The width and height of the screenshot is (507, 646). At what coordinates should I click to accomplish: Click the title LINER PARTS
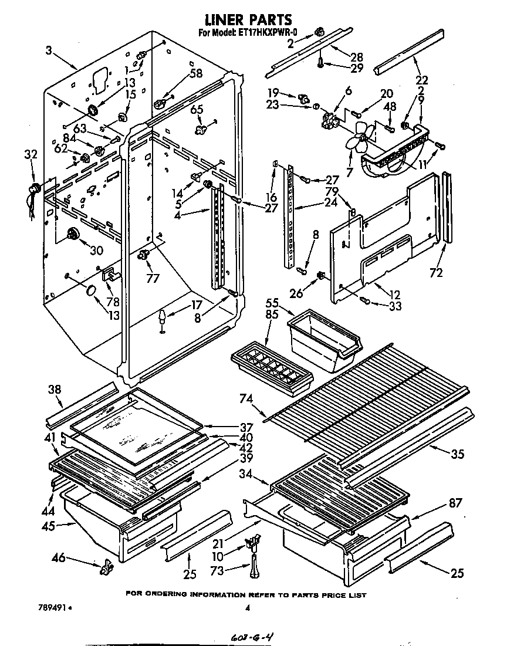(x=246, y=21)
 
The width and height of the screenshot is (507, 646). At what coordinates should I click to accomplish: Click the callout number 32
(x=31, y=155)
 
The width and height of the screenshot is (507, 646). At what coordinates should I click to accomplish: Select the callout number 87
(x=455, y=502)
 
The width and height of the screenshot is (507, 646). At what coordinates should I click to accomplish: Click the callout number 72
(x=435, y=272)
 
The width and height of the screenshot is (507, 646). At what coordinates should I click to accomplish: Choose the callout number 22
(x=421, y=80)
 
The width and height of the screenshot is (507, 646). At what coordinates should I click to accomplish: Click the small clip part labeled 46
(x=106, y=566)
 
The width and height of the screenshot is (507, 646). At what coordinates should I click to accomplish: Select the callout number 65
(x=197, y=109)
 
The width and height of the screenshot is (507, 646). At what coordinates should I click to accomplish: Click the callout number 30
(x=96, y=250)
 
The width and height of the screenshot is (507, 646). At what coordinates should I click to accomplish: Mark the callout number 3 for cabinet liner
(x=49, y=51)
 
